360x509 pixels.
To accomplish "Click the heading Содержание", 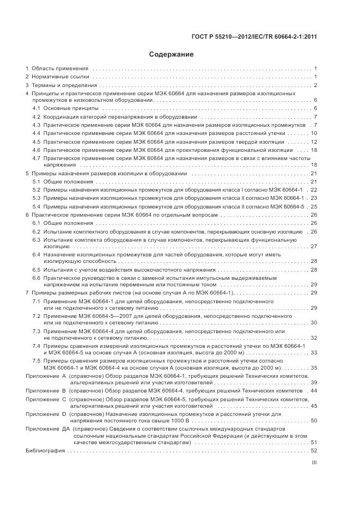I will [171, 54].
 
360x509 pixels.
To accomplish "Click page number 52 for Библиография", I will [314, 451].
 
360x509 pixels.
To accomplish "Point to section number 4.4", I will [36, 133].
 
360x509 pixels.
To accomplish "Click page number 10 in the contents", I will [314, 133].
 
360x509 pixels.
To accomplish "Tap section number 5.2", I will [36, 189].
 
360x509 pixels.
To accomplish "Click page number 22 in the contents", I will [314, 189].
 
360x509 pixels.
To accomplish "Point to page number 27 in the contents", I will [314, 246].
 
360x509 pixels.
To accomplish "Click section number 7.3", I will [36, 331].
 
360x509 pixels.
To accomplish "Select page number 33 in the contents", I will [314, 352].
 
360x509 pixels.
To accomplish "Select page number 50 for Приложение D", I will [314, 421].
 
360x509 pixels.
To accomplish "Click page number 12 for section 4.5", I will [314, 142].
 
